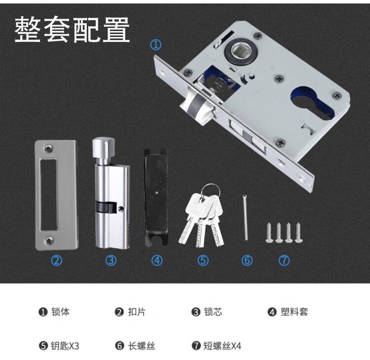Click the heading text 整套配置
click(72, 30)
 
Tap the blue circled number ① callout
click(156, 44)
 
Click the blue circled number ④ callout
click(157, 260)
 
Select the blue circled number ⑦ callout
click(284, 260)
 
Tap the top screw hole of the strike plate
click(49, 148)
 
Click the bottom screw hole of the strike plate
click(49, 241)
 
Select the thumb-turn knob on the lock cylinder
click(104, 148)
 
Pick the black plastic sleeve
click(156, 198)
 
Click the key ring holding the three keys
click(211, 191)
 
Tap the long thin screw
click(245, 217)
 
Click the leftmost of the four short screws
click(269, 233)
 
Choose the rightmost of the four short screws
click(298, 233)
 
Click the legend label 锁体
click(60, 312)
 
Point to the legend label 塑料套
click(294, 312)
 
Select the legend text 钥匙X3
click(65, 346)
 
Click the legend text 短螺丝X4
click(222, 346)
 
